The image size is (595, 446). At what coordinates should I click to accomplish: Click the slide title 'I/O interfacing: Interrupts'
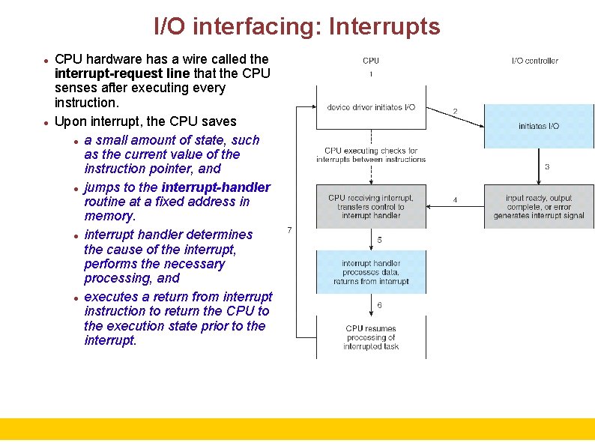pyautogui.click(x=297, y=27)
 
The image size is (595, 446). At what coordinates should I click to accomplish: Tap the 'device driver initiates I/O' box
pyautogui.click(x=371, y=107)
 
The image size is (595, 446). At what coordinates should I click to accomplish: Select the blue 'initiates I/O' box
pyautogui.click(x=538, y=126)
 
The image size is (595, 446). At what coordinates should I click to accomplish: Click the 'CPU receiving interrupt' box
pyautogui.click(x=371, y=206)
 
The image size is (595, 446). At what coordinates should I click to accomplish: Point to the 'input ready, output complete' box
pyautogui.click(x=538, y=206)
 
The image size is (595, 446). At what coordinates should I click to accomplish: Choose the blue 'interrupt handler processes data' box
pyautogui.click(x=371, y=272)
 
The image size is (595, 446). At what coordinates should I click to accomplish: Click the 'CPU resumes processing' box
pyautogui.click(x=371, y=337)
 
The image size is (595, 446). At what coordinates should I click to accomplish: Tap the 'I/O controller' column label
pyautogui.click(x=534, y=61)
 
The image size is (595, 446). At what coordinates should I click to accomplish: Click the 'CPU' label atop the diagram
pyautogui.click(x=371, y=61)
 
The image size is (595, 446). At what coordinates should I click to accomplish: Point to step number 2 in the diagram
pyautogui.click(x=455, y=112)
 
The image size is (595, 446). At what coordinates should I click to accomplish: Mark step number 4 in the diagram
pyautogui.click(x=455, y=200)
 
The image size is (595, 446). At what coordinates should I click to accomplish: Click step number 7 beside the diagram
pyautogui.click(x=290, y=229)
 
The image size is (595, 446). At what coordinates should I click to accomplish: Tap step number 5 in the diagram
pyautogui.click(x=379, y=240)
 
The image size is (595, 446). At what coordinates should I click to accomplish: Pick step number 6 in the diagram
pyautogui.click(x=379, y=305)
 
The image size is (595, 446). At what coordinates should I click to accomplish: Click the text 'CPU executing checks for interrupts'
pyautogui.click(x=371, y=155)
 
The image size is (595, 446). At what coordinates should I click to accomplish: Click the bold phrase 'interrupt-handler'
pyautogui.click(x=216, y=187)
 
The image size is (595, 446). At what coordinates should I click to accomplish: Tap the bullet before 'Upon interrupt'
pyautogui.click(x=46, y=122)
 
